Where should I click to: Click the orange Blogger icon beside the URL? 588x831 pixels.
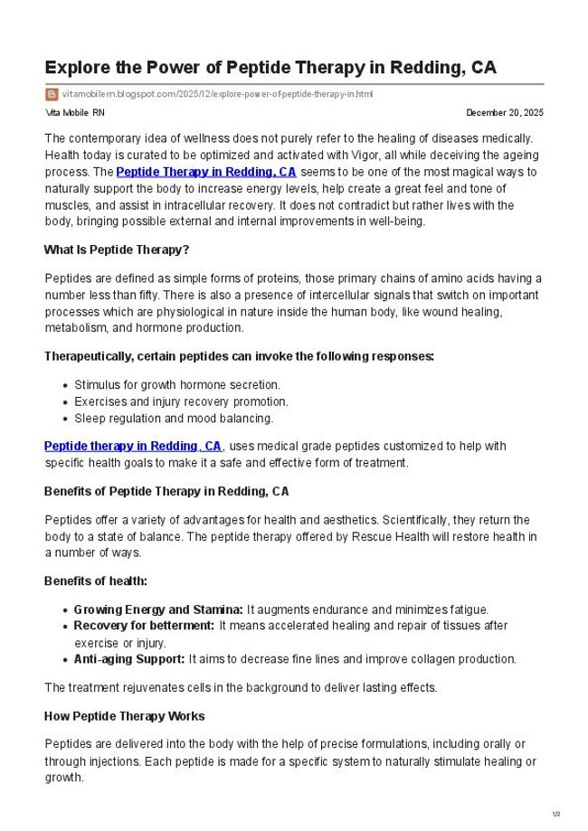point(51,94)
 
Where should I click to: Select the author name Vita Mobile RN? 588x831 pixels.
point(74,113)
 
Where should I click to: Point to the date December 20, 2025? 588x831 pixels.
point(504,113)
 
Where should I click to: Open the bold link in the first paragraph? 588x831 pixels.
point(206,171)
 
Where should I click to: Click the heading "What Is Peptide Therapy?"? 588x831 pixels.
point(116,250)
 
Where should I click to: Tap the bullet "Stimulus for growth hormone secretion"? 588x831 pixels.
point(177,385)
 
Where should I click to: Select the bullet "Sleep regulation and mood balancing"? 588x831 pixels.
point(174,418)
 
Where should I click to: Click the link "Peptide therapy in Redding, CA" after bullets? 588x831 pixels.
point(133,446)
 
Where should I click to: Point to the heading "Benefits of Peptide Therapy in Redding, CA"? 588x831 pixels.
point(166,492)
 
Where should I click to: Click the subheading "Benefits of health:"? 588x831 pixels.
point(96,581)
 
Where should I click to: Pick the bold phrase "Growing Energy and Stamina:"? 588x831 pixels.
point(158,609)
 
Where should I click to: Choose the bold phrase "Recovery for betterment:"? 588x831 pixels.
point(144,626)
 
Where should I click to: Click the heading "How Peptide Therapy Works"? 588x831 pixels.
point(124,716)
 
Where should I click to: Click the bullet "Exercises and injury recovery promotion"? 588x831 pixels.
point(181,401)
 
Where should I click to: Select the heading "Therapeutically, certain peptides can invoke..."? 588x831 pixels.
point(239,356)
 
